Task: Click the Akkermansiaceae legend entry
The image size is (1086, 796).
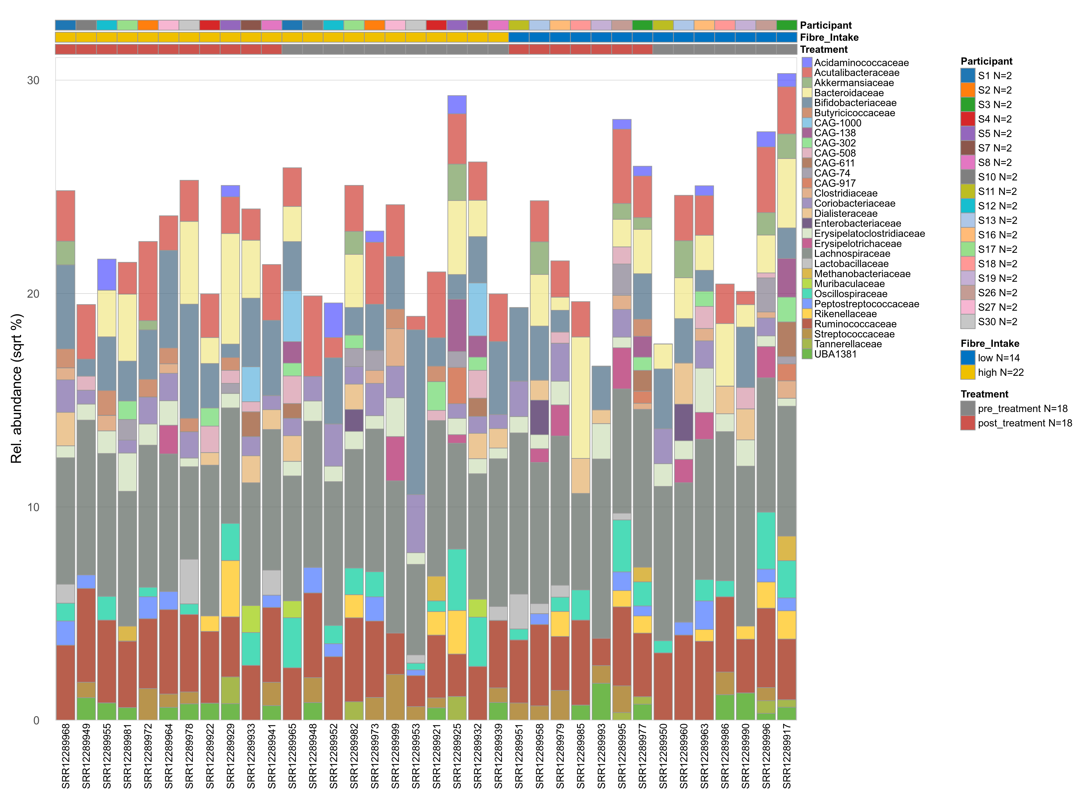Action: [x=854, y=83]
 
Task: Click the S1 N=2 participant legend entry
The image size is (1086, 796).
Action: [x=995, y=76]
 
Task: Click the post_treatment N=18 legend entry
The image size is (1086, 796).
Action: [x=1024, y=423]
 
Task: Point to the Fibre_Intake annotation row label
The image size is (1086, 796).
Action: [x=829, y=38]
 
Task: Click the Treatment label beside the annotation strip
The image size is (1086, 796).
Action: [x=824, y=50]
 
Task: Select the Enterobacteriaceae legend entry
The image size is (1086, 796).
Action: [x=857, y=224]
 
